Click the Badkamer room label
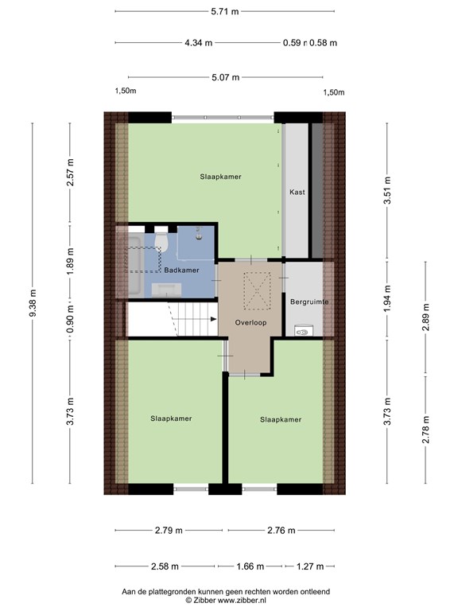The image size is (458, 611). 181,270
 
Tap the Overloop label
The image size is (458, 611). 250,323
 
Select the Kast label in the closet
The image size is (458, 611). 297,192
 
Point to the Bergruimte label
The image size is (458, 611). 309,302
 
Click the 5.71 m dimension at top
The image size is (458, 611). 225,11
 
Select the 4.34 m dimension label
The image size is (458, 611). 199,43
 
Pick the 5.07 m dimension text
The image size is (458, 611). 226,77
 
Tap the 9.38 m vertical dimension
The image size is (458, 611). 33,303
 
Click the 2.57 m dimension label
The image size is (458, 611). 71,172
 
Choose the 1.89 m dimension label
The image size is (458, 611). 71,261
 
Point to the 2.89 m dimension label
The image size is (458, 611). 425,317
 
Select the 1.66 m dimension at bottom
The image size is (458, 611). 250,566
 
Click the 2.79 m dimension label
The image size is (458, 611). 169,531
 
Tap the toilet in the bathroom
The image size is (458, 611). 161,241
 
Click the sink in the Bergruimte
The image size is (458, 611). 303,330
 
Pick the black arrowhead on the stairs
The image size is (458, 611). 213,319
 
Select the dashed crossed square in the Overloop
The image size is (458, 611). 257,291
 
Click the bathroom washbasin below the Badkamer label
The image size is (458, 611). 166,290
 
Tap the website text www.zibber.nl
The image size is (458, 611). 242,601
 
